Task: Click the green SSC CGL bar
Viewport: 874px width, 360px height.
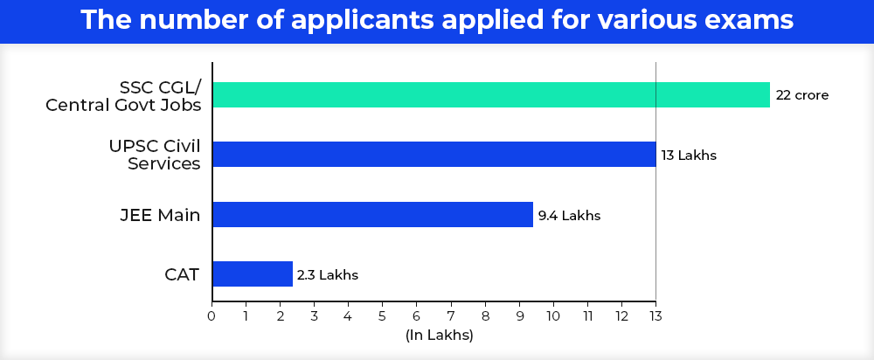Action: tap(490, 94)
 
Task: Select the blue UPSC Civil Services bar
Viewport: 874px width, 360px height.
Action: tap(434, 155)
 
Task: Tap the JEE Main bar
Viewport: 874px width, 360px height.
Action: tap(372, 214)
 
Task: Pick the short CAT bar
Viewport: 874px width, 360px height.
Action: tap(252, 273)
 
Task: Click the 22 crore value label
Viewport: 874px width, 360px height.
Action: tap(801, 95)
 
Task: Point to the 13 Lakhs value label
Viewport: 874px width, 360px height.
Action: tap(689, 156)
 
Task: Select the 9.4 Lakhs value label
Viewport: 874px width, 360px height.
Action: tap(569, 215)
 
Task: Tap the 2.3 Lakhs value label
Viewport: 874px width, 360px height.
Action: tap(328, 274)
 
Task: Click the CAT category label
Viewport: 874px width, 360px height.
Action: tap(182, 274)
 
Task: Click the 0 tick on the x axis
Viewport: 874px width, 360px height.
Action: tap(212, 315)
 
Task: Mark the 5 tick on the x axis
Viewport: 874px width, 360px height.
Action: tap(382, 315)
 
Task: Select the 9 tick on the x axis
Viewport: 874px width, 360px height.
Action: tap(519, 315)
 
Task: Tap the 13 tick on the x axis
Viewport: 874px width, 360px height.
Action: tap(655, 315)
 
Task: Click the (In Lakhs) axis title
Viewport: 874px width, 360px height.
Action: tap(439, 335)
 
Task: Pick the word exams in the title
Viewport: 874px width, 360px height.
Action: tap(750, 21)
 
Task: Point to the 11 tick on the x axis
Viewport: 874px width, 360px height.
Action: tap(587, 315)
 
